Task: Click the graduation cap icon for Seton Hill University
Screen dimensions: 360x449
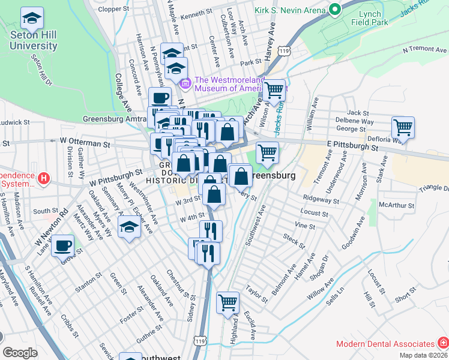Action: [32, 19]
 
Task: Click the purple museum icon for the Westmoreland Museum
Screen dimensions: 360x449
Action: [186, 83]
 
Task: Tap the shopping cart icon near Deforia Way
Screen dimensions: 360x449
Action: [403, 127]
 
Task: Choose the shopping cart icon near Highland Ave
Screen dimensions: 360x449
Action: [228, 303]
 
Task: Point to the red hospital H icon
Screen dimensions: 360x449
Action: [43, 178]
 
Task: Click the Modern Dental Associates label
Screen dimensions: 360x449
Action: [385, 344]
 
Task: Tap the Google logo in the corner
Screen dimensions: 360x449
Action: [20, 353]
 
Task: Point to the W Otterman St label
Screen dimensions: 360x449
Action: [85, 145]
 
